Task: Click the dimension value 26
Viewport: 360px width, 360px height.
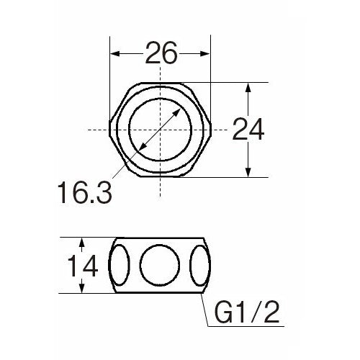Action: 161,53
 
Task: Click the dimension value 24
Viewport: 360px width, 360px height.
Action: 249,130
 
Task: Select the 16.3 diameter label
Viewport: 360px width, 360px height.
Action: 84,192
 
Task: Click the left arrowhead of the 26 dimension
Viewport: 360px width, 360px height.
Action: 115,53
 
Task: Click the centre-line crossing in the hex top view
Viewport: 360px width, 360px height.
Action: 160,130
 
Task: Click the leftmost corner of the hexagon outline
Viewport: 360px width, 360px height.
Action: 110,130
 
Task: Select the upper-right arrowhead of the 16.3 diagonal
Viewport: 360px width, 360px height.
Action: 179,110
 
